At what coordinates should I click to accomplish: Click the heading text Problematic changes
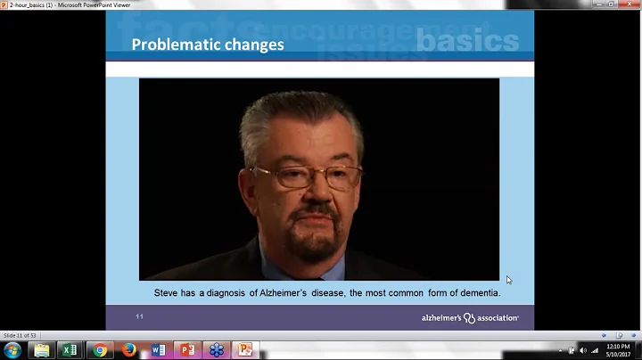(208, 45)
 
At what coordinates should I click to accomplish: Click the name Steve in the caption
(167, 292)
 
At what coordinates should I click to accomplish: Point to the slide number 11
(140, 316)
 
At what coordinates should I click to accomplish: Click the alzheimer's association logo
(470, 317)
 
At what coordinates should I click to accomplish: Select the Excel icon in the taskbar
(70, 349)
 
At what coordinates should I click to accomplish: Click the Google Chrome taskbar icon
(100, 349)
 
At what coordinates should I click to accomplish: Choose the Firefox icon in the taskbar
(129, 349)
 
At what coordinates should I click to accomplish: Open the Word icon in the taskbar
(159, 349)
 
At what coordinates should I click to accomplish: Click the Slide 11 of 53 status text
(20, 335)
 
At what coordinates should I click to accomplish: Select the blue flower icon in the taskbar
(217, 349)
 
